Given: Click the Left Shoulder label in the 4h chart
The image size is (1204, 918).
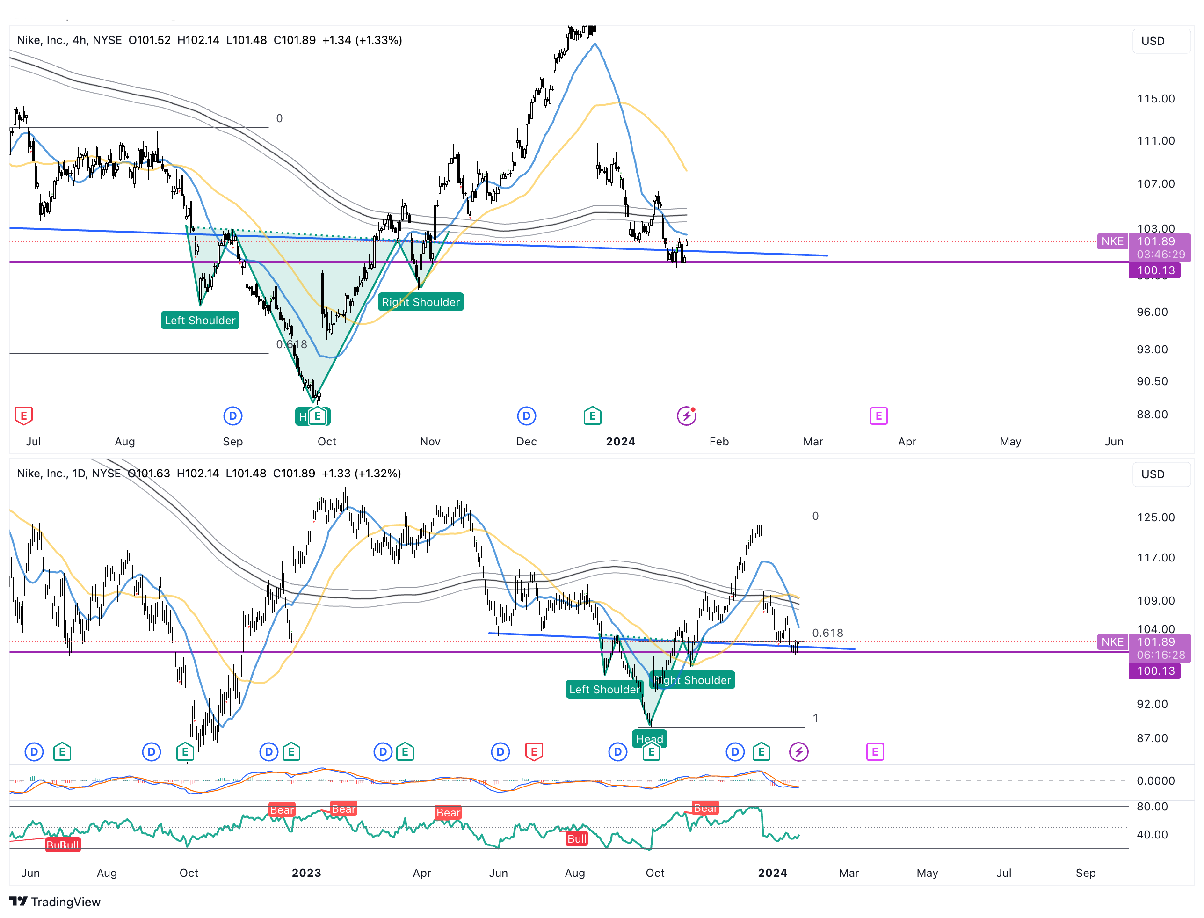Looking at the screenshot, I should [200, 320].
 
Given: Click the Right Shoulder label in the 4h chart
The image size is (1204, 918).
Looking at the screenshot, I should [420, 302].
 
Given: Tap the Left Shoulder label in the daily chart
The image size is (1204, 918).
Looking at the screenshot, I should [604, 690].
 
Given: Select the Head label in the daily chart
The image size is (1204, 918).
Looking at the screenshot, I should [649, 739].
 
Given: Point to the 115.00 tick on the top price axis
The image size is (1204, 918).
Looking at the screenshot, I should [1155, 99].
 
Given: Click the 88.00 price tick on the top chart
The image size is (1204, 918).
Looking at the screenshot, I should [1152, 415].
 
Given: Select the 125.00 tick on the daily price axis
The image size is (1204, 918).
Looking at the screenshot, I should [1155, 517].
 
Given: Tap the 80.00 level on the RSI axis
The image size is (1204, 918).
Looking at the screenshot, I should [1152, 807].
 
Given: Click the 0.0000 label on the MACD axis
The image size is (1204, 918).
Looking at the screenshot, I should [1155, 781].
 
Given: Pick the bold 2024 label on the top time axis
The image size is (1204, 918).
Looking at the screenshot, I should [621, 442].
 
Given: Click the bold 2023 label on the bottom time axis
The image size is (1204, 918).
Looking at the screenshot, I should [306, 873].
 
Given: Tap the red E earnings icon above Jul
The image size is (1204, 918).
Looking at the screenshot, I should [23, 416].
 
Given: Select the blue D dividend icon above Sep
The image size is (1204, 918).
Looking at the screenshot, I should [233, 416].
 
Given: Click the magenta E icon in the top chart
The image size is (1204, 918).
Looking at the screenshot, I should [878, 416].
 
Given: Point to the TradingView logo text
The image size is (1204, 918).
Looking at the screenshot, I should [65, 902].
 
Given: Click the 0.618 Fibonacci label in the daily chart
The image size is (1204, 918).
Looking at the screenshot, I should [827, 633].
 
